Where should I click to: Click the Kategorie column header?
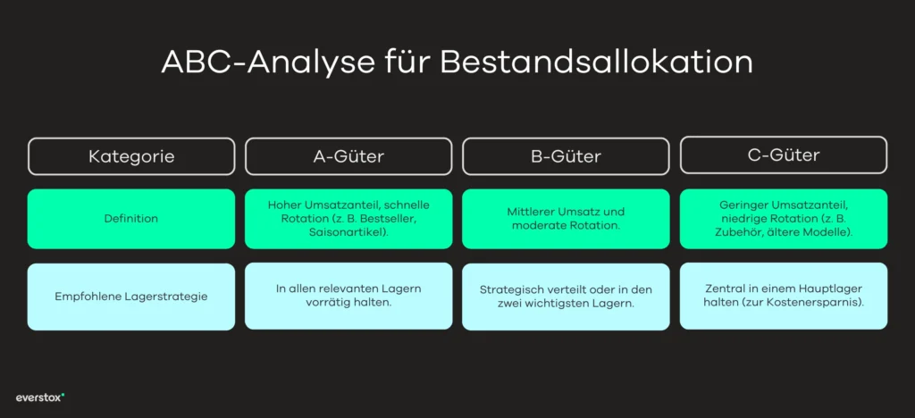131,156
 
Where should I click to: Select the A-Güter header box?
348,156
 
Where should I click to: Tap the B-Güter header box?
566,156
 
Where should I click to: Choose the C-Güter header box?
784,155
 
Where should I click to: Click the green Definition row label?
131,218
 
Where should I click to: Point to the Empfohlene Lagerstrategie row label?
131,297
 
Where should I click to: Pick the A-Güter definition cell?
348,218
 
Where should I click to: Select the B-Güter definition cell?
566,218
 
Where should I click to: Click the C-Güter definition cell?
784,218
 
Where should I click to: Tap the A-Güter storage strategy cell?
348,296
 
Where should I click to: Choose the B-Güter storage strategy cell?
566,297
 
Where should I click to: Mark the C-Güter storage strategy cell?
784,296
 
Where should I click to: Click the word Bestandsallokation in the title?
596,63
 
